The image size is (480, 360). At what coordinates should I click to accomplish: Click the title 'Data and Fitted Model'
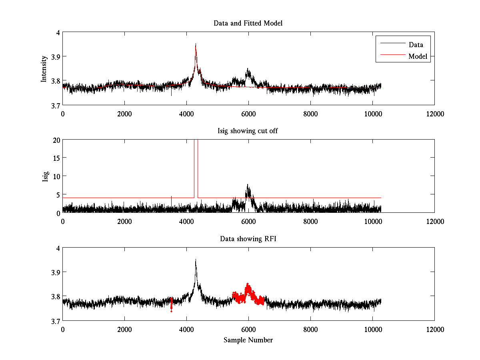click(248, 23)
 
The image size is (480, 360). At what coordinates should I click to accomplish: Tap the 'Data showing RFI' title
click(248, 239)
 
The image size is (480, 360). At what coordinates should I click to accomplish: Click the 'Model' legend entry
click(418, 56)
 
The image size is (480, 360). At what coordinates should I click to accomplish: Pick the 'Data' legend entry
click(416, 45)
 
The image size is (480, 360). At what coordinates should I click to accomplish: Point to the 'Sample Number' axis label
click(248, 340)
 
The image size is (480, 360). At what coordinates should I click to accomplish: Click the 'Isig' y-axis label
click(45, 176)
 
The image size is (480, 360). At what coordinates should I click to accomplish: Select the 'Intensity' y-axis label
click(44, 69)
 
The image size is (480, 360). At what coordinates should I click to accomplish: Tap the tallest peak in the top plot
click(196, 44)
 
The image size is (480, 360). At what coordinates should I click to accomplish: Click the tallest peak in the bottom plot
click(196, 260)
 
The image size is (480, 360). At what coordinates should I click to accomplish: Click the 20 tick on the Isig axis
click(55, 140)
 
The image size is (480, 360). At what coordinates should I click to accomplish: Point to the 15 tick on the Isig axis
click(55, 158)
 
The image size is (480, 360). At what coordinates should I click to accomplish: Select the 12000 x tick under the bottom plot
click(434, 330)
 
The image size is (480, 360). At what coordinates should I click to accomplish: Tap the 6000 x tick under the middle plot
click(248, 221)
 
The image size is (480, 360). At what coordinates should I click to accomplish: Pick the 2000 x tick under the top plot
click(124, 114)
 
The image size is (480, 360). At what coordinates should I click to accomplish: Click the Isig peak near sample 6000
click(248, 185)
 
